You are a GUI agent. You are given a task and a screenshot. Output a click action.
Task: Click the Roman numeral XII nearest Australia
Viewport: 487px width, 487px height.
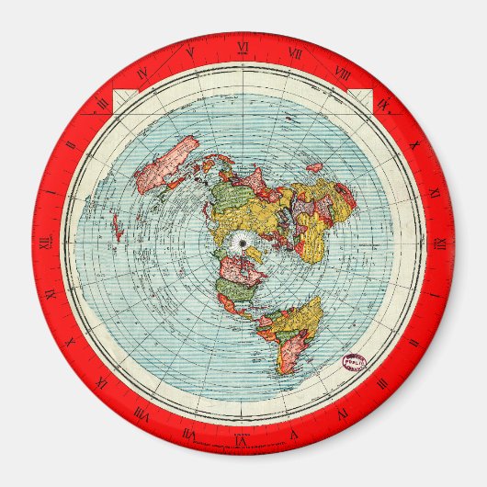coord(43,243)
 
